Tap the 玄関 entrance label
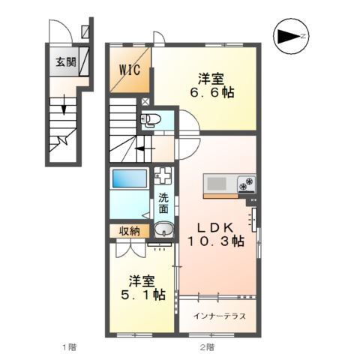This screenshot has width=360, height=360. coord(65,62)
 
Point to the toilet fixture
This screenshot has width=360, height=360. coord(153,118)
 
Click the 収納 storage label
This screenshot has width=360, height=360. coord(129,231)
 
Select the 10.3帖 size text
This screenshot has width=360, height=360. coord(217,241)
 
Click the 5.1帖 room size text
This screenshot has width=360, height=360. coord(145,295)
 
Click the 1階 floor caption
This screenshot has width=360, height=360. coord(68,347)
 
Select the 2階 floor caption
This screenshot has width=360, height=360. coord(207,347)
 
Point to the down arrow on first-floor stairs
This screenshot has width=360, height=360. coord(64,107)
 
